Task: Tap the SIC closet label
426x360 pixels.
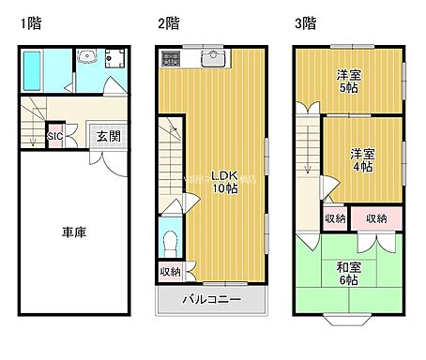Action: pos(55,137)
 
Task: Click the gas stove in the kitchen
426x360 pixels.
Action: pos(174,59)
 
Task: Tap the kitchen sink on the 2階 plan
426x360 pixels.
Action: pos(212,59)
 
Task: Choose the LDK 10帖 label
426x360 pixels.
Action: pos(224,182)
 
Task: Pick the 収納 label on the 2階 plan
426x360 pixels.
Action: pos(170,273)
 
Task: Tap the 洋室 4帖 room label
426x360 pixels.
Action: pos(362,159)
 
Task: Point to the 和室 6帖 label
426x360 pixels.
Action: pos(349,273)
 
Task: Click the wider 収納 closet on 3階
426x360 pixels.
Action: pos(376,218)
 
